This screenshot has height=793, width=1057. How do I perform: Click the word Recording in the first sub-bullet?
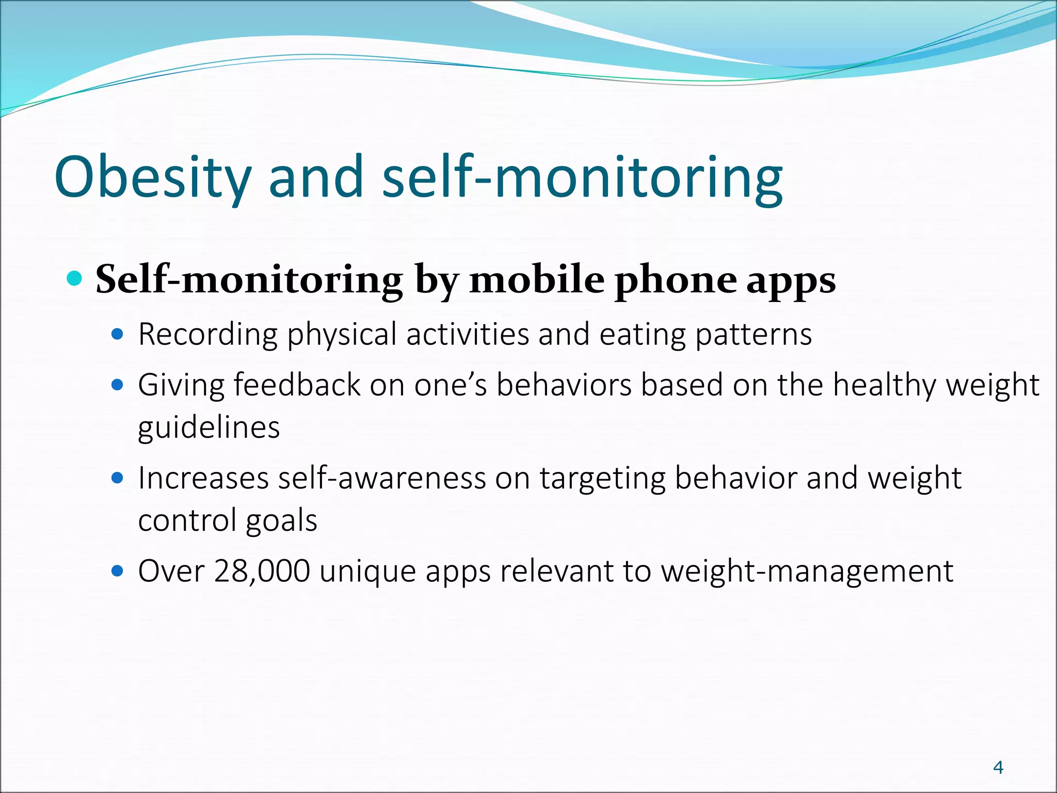pos(207,335)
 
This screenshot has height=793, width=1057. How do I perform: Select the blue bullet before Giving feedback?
pos(118,385)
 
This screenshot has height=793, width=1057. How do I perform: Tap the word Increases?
pos(203,478)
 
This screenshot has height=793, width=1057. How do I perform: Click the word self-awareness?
pos(382,478)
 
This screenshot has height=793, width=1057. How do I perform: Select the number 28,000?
pos(262,572)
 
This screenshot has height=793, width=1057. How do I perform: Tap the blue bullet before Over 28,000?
pos(118,571)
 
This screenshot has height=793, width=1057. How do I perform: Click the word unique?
pos(367,572)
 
